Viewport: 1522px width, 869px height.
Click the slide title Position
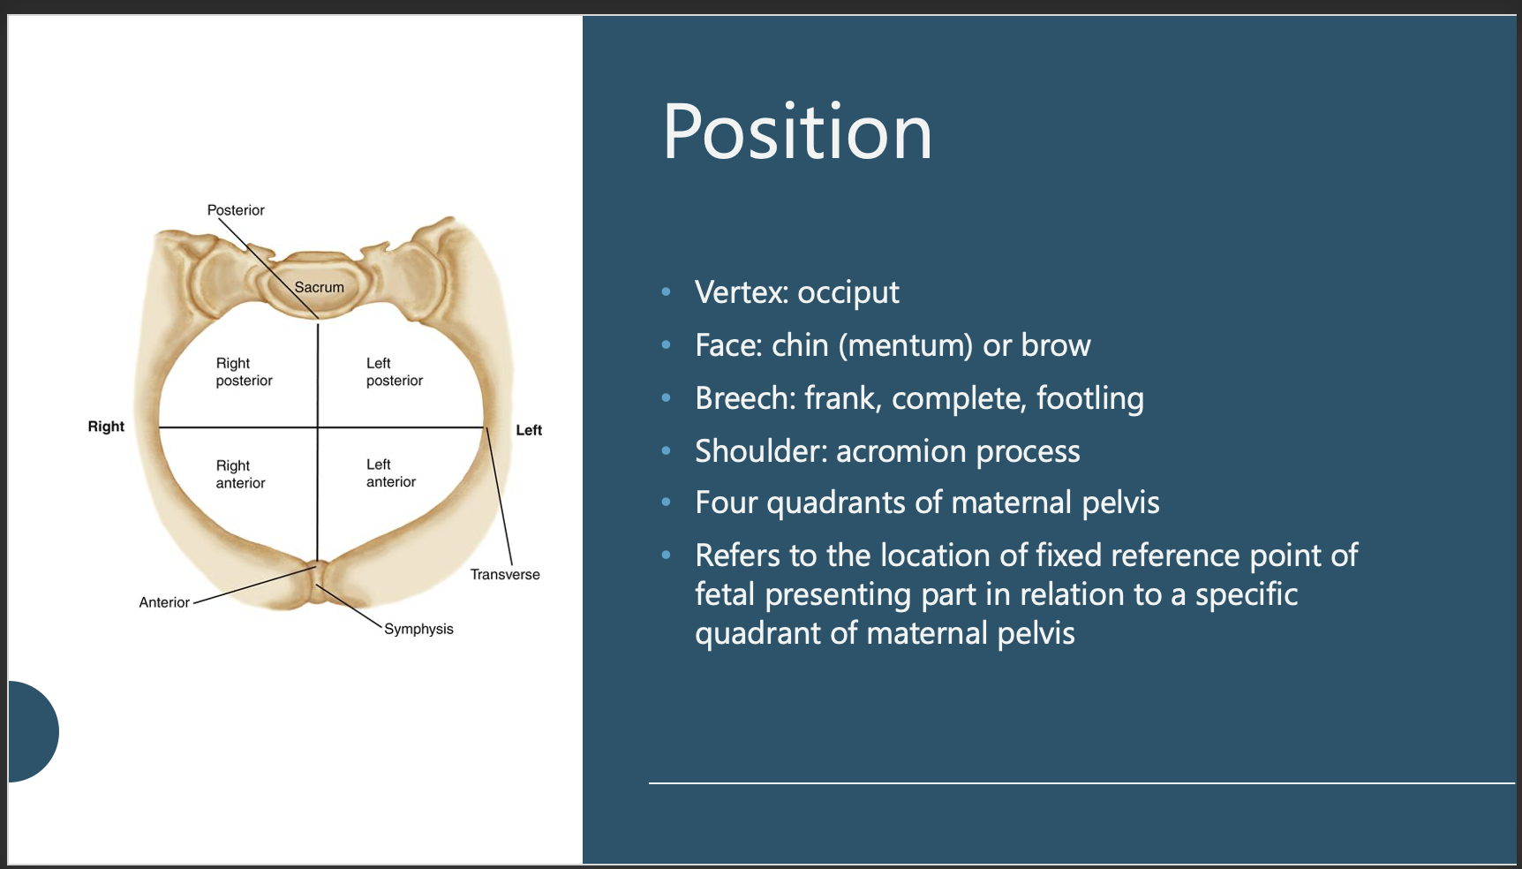coord(797,132)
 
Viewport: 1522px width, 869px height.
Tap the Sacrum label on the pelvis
coord(319,287)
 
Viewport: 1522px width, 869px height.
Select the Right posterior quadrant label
coord(244,372)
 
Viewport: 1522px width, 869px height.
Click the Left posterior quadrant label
coord(394,372)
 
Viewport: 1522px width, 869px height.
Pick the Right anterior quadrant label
coord(240,474)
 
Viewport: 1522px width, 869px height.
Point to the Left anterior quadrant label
coord(390,473)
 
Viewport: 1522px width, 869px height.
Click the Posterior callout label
coord(236,210)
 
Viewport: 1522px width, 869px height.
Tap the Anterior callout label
coord(164,602)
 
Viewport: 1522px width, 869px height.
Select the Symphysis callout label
coord(418,629)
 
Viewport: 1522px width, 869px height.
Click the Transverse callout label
coord(505,574)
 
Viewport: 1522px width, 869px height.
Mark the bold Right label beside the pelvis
coord(106,427)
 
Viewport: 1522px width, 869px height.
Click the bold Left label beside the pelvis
coord(529,430)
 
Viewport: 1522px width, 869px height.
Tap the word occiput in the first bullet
coord(848,293)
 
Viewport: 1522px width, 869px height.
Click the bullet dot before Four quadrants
coord(667,503)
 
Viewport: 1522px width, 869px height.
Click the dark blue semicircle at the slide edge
coord(32,731)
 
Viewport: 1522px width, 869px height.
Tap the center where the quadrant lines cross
coord(318,427)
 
